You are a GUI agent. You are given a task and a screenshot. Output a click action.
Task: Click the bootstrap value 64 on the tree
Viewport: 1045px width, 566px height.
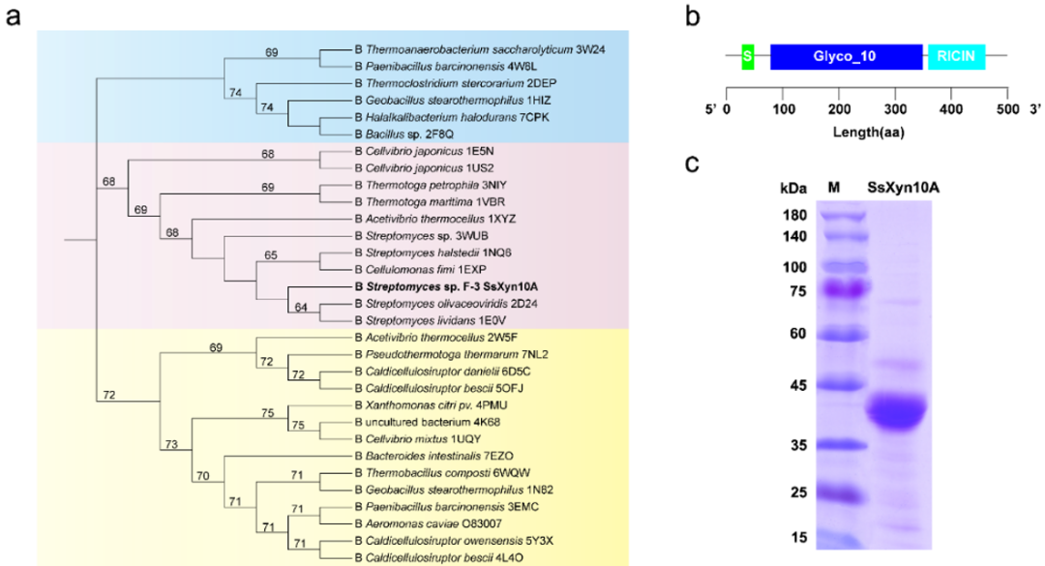point(302,308)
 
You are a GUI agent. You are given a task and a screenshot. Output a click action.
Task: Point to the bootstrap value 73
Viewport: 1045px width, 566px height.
point(172,443)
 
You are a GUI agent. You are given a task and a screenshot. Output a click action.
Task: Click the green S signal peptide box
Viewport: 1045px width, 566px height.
point(747,57)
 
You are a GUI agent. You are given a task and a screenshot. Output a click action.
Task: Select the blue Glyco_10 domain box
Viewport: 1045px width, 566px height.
point(846,57)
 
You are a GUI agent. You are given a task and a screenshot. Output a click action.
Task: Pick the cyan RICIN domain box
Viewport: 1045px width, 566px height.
point(956,57)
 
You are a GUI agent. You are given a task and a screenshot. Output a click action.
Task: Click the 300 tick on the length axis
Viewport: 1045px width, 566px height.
point(895,106)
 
